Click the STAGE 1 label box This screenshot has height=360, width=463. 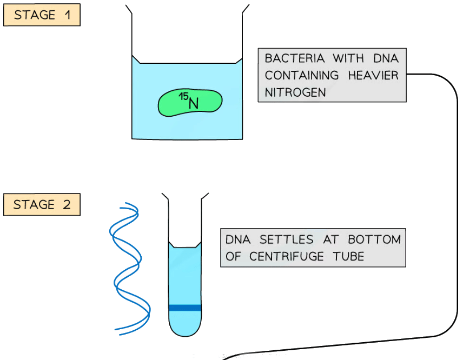[x=42, y=15]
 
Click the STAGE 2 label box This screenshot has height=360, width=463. [x=42, y=205]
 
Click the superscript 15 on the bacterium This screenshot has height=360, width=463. [x=183, y=96]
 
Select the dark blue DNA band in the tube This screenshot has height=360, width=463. [x=184, y=308]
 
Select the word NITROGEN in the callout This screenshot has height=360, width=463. [x=295, y=92]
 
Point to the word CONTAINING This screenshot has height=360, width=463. [x=301, y=75]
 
